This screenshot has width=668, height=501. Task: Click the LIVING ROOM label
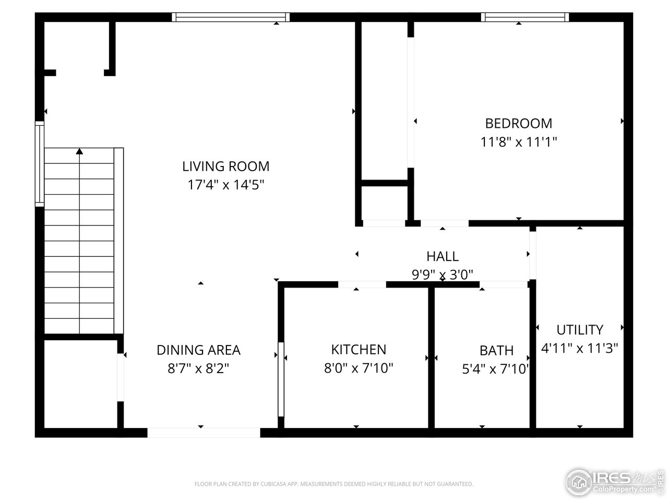(225, 166)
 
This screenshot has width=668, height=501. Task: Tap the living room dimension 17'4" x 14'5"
(225, 185)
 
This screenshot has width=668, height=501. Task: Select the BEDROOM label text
(518, 123)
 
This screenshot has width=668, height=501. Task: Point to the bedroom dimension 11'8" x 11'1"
(518, 141)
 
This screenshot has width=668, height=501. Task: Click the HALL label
(442, 256)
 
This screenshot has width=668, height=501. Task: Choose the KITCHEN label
(359, 349)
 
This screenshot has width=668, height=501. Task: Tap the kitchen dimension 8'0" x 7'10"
(359, 368)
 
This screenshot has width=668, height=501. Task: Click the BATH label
(496, 350)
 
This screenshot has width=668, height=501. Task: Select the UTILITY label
(579, 330)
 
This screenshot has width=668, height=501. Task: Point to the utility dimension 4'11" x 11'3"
(579, 348)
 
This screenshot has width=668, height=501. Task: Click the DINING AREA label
(198, 350)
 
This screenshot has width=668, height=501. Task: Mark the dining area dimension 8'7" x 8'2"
(198, 368)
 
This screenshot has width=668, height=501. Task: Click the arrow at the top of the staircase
(79, 151)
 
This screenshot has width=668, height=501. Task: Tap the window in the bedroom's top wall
(525, 17)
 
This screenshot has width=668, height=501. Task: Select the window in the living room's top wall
(231, 17)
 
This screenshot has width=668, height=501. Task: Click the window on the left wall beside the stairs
(39, 164)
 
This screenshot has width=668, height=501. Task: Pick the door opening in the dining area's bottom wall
(204, 433)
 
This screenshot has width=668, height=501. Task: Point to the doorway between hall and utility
(532, 254)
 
